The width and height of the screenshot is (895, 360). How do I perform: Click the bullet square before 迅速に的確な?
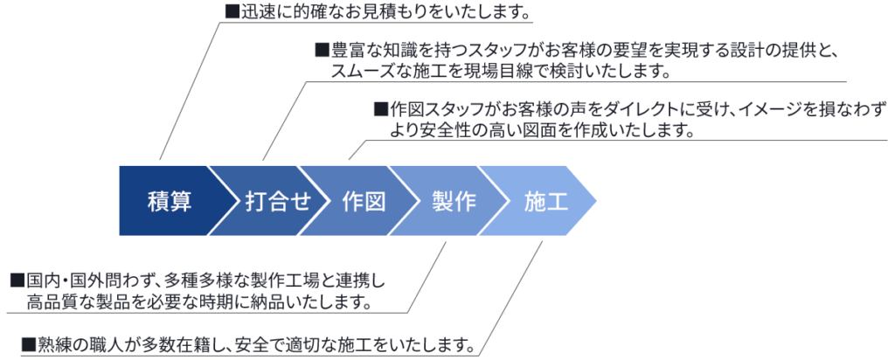pyautogui.click(x=231, y=12)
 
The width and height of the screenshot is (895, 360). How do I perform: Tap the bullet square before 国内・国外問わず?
pyautogui.click(x=17, y=280)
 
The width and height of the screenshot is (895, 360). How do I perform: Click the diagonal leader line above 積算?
pyautogui.click(x=189, y=91)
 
